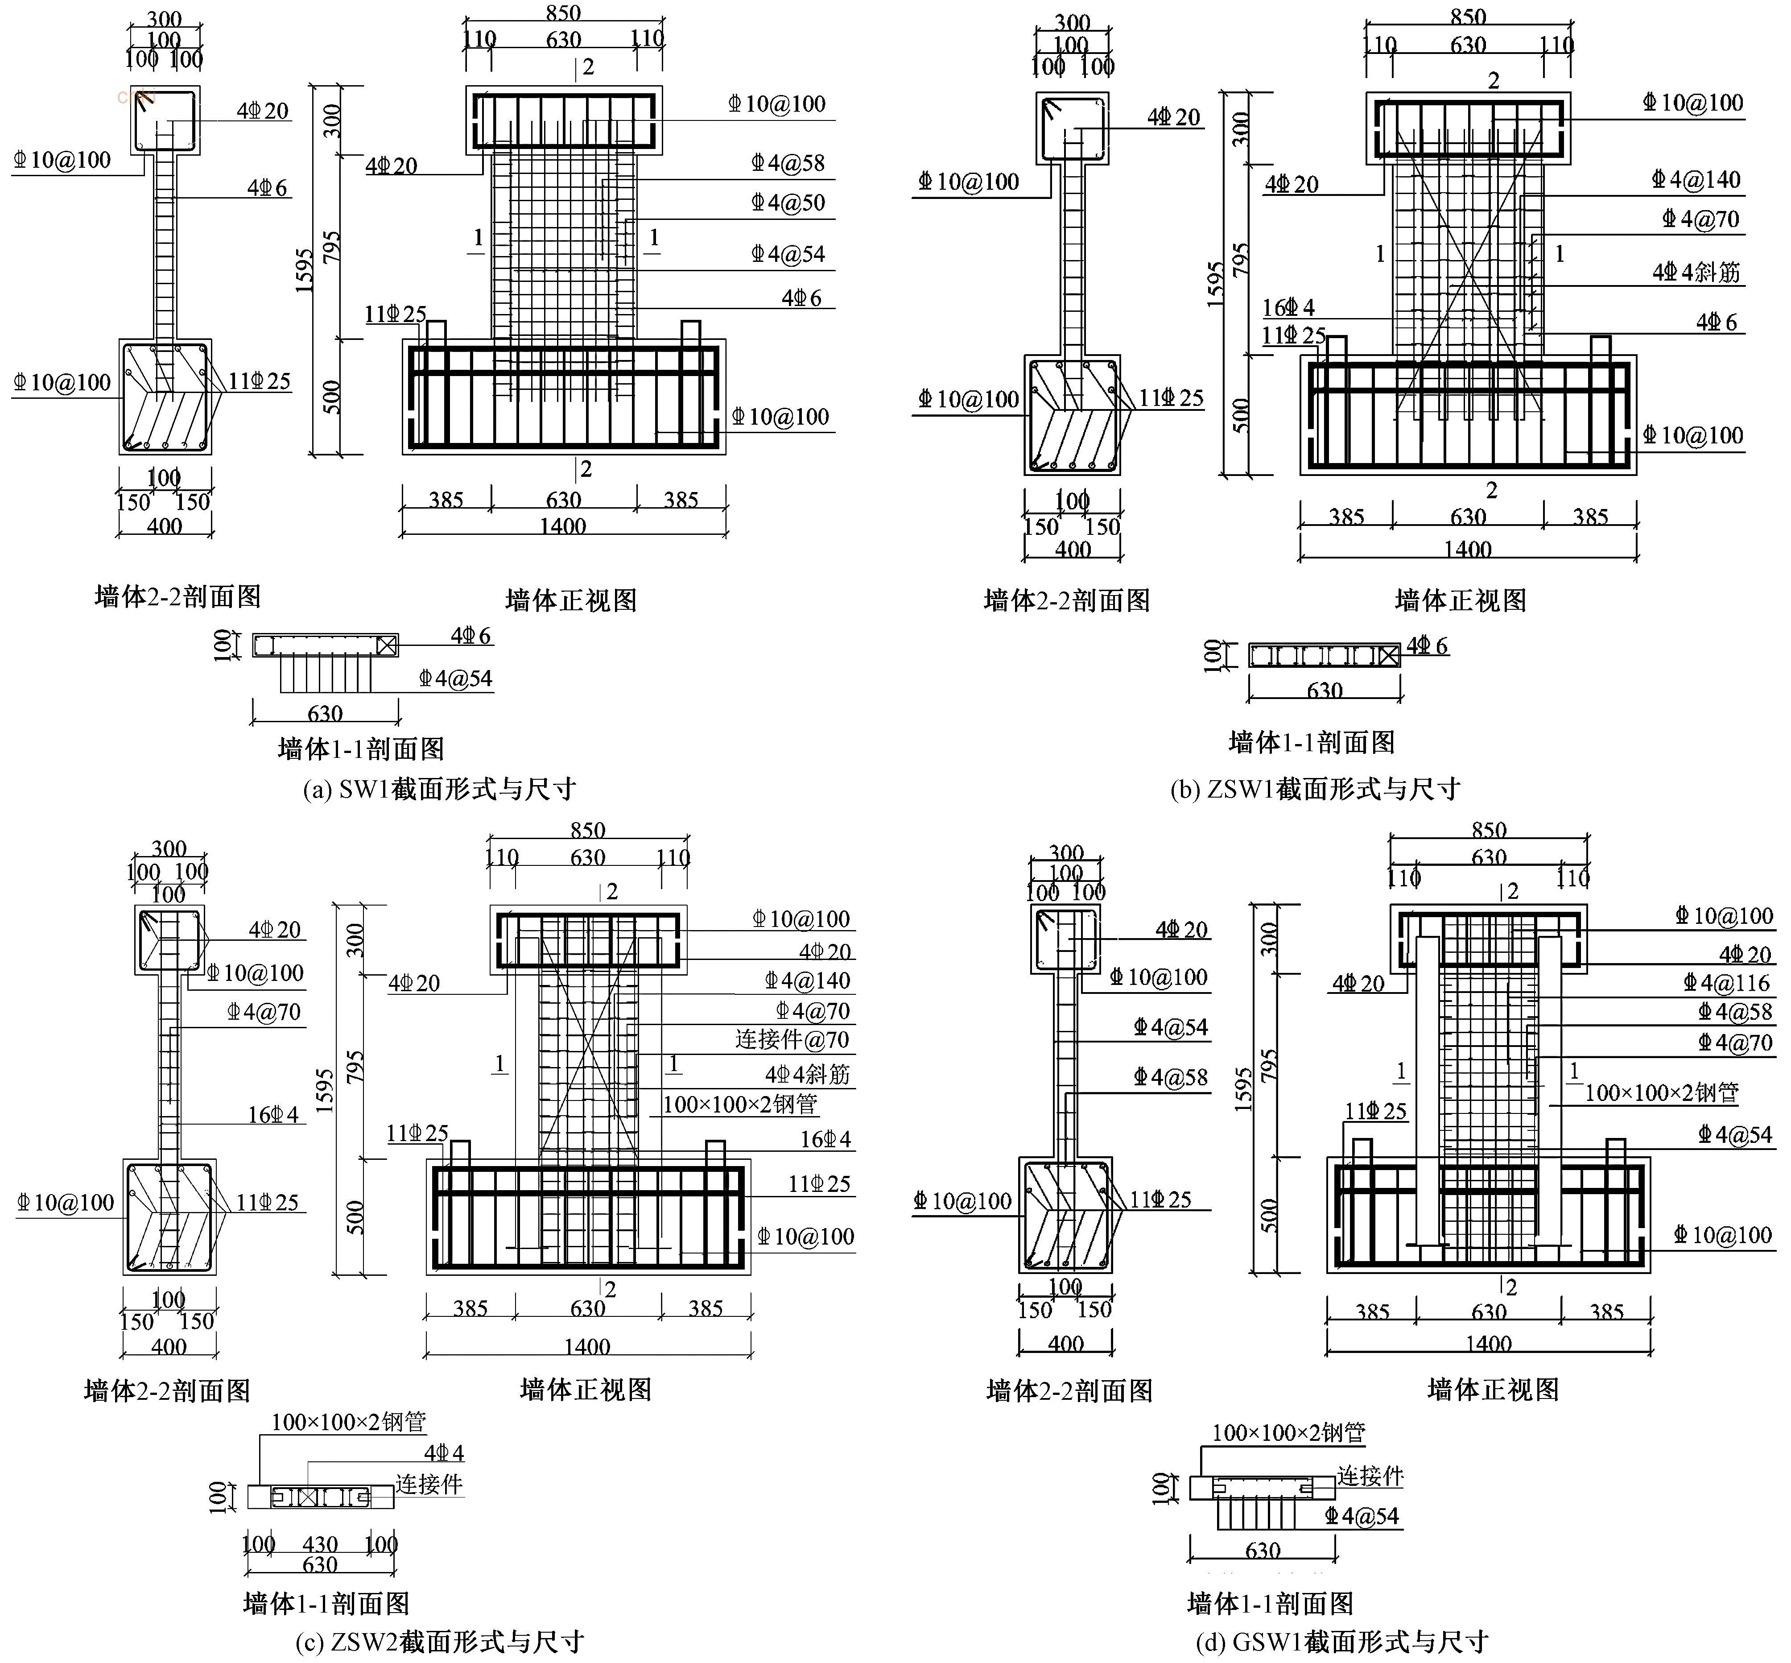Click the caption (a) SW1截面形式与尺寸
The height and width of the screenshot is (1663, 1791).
point(439,789)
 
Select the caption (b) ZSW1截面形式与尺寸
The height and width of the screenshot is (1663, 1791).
point(1315,789)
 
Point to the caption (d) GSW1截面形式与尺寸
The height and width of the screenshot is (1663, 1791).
point(1341,1642)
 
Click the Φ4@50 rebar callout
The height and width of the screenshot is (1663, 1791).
point(788,203)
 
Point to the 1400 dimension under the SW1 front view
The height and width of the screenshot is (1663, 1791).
point(563,525)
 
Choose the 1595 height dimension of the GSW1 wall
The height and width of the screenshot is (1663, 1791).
point(1243,1089)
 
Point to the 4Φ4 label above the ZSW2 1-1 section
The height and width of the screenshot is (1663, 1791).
point(444,1452)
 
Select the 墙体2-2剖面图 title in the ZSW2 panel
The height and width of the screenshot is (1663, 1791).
point(167,1390)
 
